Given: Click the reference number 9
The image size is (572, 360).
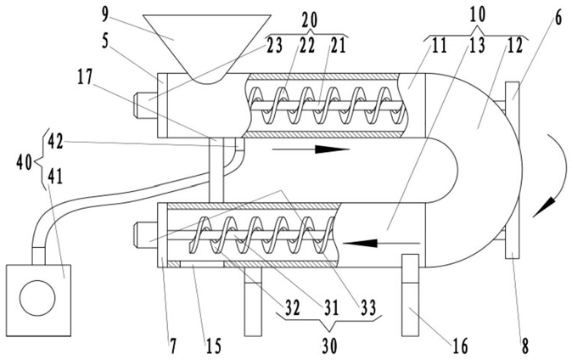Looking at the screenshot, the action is tap(104, 14).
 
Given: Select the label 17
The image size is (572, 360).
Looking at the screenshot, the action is tap(85, 76).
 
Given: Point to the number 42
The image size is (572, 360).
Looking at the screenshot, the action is tap(55, 141).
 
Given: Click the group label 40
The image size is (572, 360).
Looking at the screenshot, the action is tap(24, 162).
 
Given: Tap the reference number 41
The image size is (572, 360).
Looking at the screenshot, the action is tap(55, 177).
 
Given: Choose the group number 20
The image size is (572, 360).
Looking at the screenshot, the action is tap(310, 20).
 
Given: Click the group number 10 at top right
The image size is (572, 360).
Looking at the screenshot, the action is tap(477, 14).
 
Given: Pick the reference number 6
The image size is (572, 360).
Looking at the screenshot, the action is tap(558, 19).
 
